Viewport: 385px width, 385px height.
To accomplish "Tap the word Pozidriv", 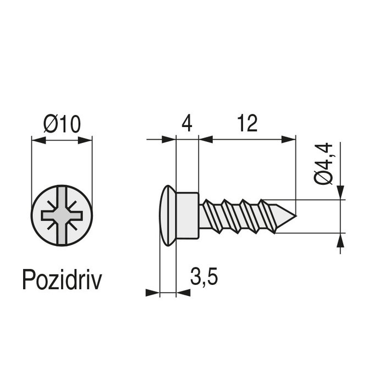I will pos(62,279).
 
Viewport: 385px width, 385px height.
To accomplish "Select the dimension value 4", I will pos(186,124).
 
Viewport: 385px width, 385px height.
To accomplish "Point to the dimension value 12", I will pos(248,124).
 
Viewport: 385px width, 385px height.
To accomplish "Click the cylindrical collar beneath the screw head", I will pos(188,215).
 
